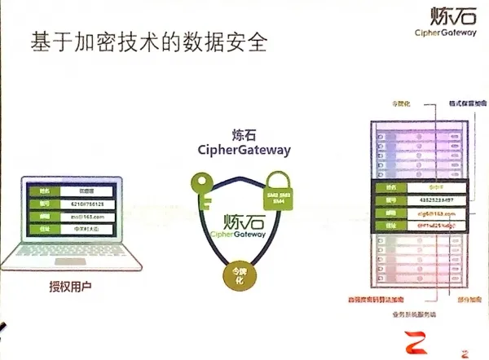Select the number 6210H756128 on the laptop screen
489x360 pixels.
click(84, 204)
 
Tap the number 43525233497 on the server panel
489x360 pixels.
click(420, 200)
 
